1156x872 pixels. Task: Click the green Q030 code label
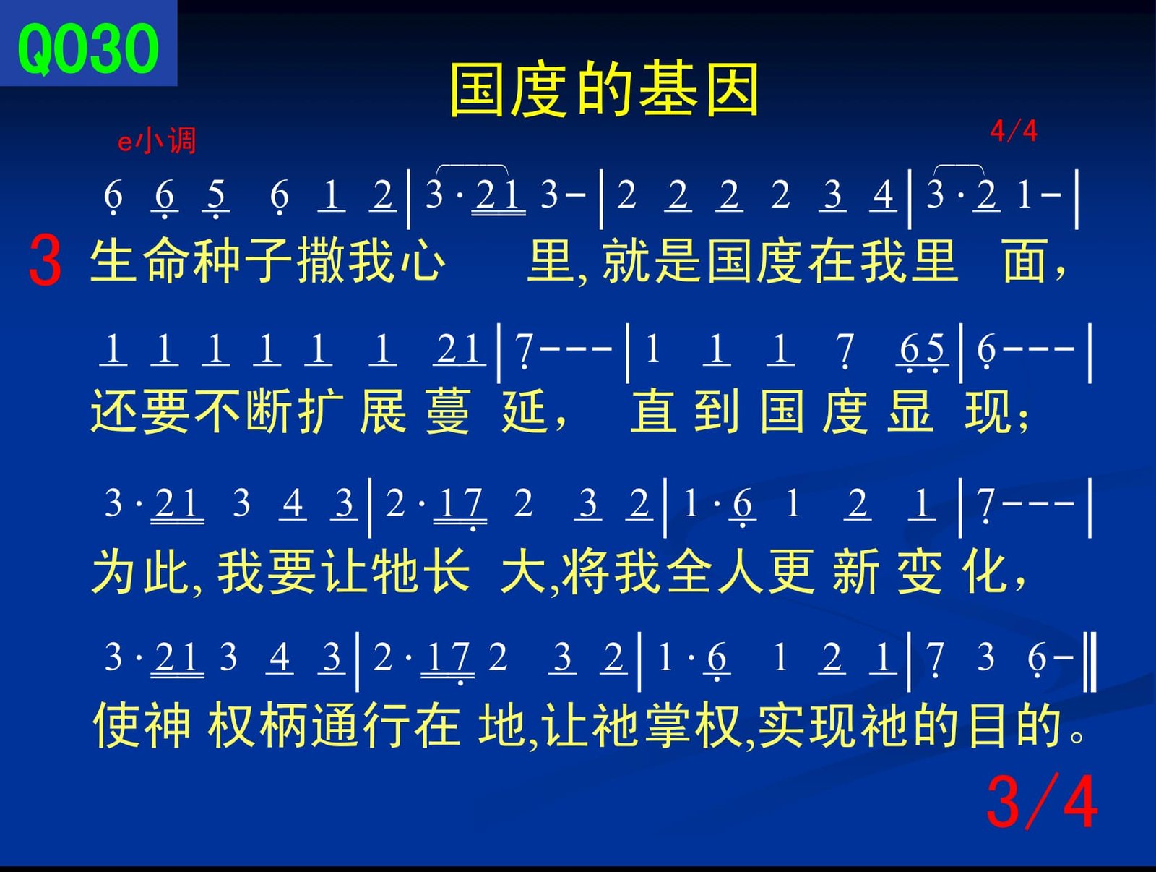(88, 48)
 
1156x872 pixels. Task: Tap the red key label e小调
(157, 141)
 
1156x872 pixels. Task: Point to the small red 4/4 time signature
(1013, 131)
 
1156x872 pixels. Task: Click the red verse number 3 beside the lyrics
(46, 261)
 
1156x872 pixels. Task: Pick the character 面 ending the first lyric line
(1025, 261)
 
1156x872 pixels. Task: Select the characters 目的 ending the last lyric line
(1015, 725)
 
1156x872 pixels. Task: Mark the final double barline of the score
(1090, 662)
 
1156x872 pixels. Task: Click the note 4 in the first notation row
(883, 195)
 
